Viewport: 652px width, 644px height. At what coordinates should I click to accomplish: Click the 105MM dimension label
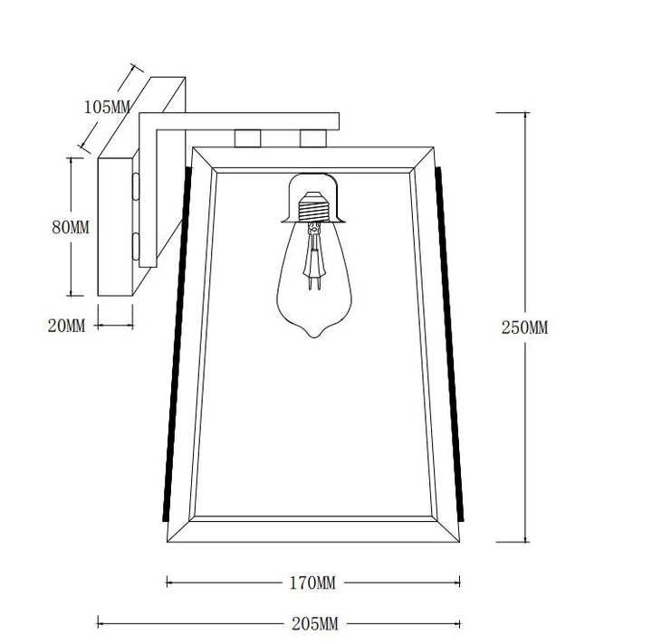(107, 107)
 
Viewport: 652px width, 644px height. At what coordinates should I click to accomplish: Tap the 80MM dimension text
(71, 227)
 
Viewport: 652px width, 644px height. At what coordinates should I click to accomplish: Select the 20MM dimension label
(66, 326)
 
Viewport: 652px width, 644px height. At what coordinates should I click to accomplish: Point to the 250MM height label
(524, 327)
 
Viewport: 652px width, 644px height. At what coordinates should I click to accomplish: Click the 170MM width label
(312, 583)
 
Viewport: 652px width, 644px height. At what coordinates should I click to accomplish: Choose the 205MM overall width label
(315, 624)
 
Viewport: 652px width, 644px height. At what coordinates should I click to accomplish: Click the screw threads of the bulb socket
(313, 207)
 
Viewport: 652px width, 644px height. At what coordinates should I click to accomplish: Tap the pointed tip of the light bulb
(314, 336)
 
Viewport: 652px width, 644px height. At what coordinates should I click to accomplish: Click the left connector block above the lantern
(248, 138)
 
